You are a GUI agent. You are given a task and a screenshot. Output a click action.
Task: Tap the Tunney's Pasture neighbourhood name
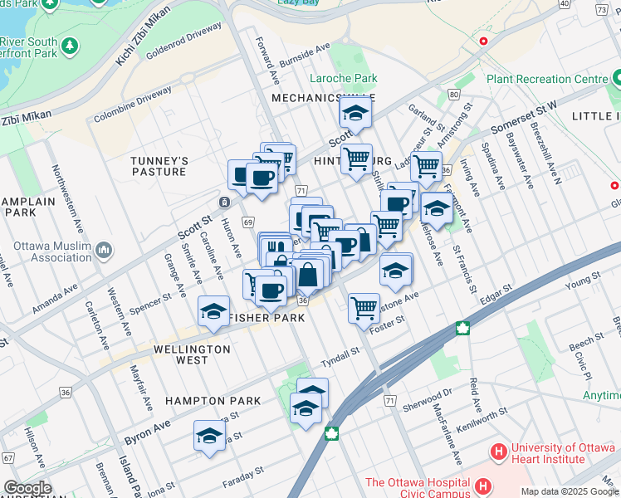[x=159, y=166]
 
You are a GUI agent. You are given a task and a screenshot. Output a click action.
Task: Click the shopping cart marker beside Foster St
[x=364, y=308]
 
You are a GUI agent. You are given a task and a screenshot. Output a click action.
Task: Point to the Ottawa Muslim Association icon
[x=104, y=250]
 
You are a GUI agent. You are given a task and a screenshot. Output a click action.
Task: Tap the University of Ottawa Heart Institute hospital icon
[x=498, y=452]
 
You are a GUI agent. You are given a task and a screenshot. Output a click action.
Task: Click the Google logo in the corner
[x=27, y=488]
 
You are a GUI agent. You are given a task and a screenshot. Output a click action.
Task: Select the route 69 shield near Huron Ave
[x=248, y=222]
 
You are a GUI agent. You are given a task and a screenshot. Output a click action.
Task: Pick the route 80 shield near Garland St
[x=454, y=94]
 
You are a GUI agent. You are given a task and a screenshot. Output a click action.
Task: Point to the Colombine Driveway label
[x=133, y=107]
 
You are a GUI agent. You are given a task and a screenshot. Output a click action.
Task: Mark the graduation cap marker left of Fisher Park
[x=213, y=312]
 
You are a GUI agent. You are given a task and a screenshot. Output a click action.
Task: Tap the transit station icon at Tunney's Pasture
[x=224, y=203]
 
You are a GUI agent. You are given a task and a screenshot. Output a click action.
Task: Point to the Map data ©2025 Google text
[x=570, y=491]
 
